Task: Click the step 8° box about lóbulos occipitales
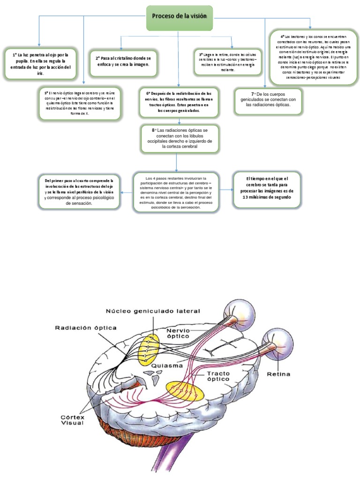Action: tap(180, 138)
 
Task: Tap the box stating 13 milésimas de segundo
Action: tap(267, 188)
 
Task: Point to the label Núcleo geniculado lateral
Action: tap(153, 311)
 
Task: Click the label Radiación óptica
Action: tap(85, 328)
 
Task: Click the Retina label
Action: tap(278, 374)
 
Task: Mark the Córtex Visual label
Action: tap(71, 419)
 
